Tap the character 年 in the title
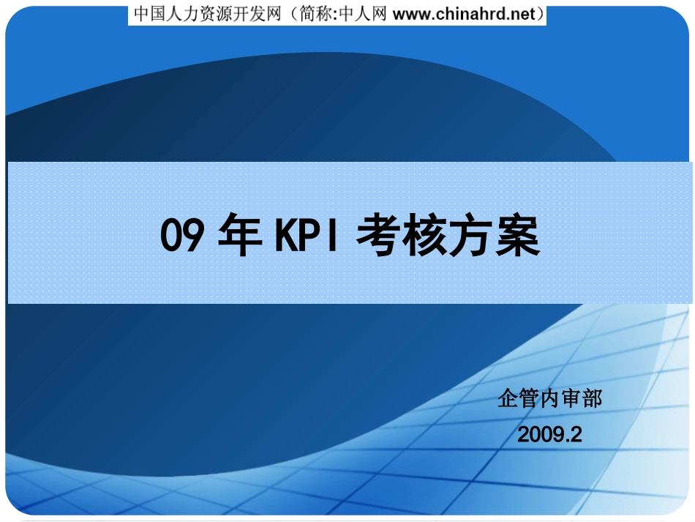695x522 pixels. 240,234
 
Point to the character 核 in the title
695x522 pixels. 424,234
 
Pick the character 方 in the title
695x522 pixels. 471,234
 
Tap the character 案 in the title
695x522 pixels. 518,234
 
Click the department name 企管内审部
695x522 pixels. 549,398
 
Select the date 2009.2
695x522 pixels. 549,434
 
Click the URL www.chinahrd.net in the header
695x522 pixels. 464,14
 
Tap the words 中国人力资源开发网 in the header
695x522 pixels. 208,14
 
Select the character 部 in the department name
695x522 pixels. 592,398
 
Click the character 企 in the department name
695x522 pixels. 508,398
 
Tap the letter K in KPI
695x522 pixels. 286,234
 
